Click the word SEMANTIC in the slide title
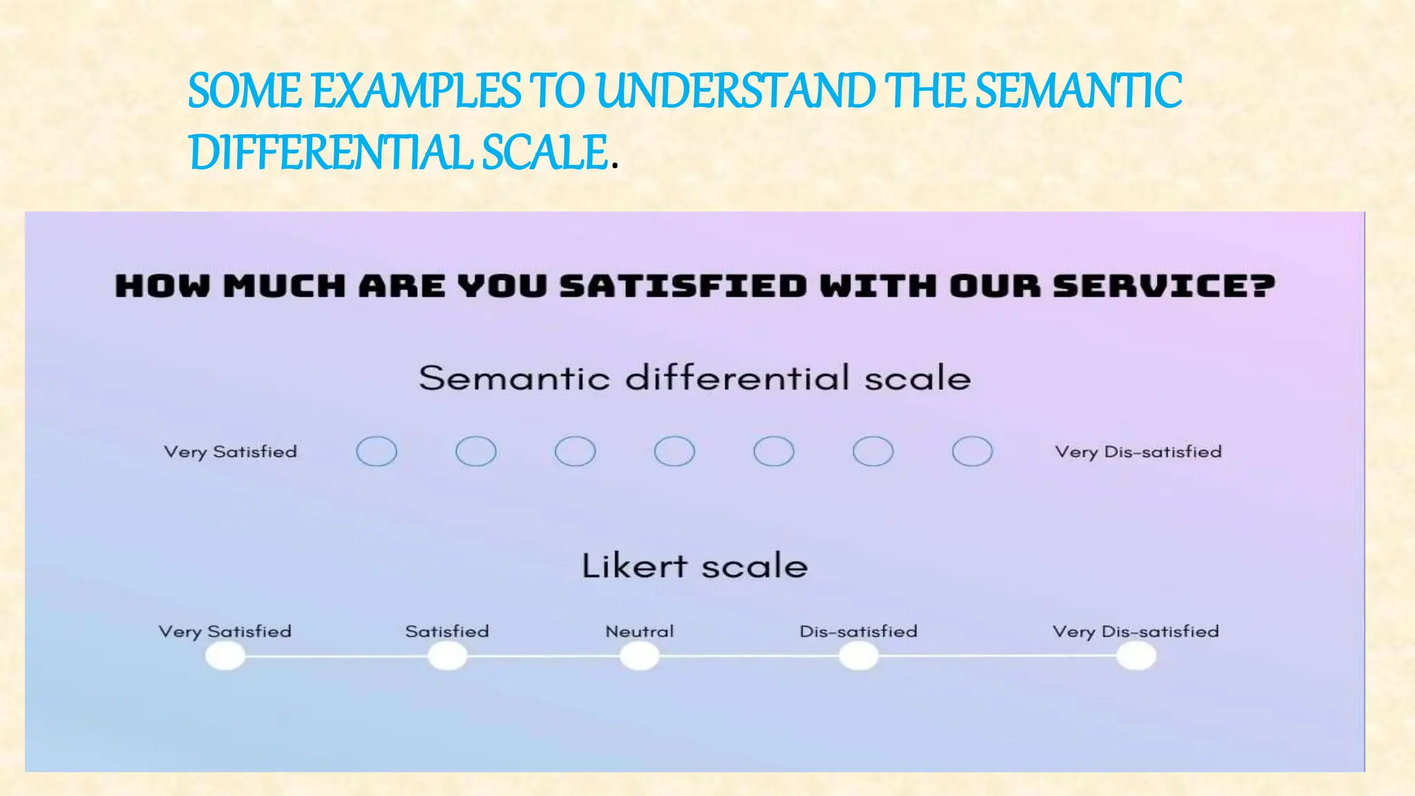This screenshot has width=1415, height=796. (x=1078, y=91)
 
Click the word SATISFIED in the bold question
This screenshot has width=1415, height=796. (x=683, y=286)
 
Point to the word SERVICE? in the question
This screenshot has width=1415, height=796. (x=1164, y=286)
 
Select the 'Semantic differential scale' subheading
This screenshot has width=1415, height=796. (x=694, y=378)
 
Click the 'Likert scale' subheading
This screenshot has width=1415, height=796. (x=694, y=566)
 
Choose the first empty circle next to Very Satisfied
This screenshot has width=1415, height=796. (x=377, y=452)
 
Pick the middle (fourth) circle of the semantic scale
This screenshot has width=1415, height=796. (x=674, y=452)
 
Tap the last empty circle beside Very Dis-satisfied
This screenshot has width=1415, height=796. (x=972, y=452)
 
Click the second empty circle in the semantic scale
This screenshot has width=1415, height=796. (x=476, y=452)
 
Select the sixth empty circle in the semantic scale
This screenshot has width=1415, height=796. (x=873, y=452)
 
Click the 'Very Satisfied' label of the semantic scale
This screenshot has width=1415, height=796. (x=230, y=452)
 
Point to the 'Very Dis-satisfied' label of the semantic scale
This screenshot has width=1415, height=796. (x=1138, y=452)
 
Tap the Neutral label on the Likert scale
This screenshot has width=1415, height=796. (x=639, y=632)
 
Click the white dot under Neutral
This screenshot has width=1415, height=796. (x=639, y=656)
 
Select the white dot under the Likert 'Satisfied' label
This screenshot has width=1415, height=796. (x=447, y=656)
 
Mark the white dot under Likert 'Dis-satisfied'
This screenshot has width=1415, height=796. (x=858, y=656)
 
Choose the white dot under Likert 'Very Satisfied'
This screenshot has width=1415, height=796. (x=225, y=656)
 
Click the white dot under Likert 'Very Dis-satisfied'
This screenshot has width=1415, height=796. (x=1136, y=656)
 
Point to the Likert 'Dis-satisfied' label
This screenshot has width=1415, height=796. (x=858, y=632)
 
